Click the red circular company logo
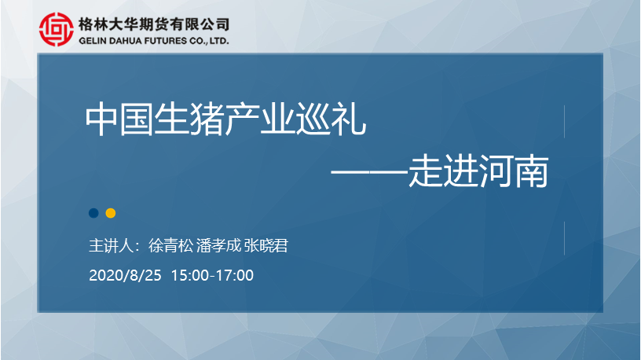pos(57,29)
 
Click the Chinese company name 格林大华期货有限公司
pos(154,24)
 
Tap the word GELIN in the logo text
pos(92,41)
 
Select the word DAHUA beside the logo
pos(125,41)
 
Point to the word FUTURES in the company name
pos(166,41)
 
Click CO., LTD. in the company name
pos(209,41)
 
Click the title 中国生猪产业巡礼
pos(225,119)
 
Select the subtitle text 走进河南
pos(478,171)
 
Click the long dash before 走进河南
pos(370,172)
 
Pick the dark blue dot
pos(93,213)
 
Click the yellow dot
pos(111,213)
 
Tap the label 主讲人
pos(111,246)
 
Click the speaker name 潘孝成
pos(218,246)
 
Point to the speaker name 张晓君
pos(266,246)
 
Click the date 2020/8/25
pos(125,275)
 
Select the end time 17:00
pos(235,275)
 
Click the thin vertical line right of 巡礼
pos(565,122)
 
